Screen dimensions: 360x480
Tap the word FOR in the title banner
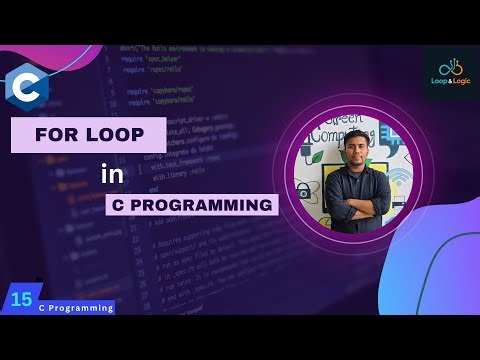[57, 134]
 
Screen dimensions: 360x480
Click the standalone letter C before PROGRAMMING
[120, 205]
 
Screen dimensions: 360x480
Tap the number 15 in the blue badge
[21, 298]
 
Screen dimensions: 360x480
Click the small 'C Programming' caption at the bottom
[76, 308]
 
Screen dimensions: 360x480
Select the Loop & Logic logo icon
[450, 68]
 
